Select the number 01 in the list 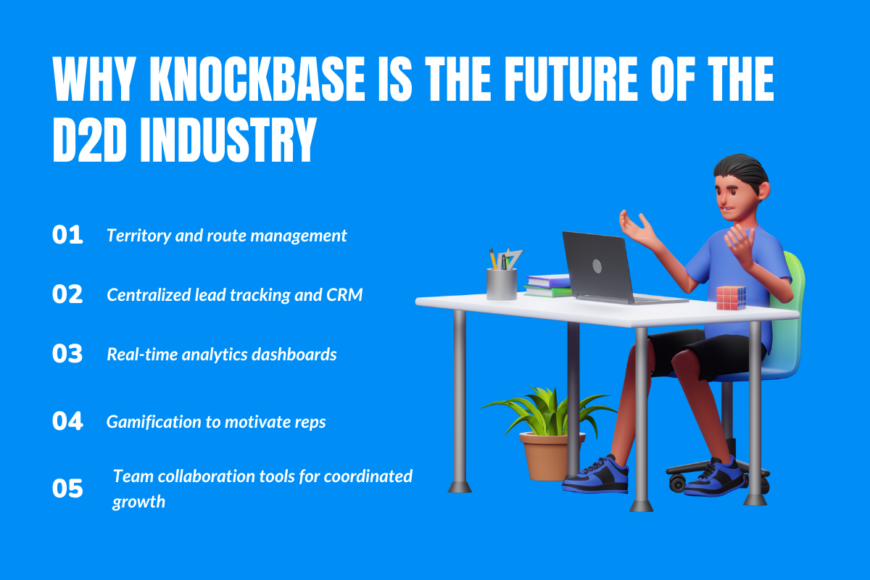67,236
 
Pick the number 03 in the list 67,354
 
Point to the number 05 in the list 67,489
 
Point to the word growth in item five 138,502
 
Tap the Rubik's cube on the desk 731,297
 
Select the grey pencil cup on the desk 502,283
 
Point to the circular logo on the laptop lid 597,266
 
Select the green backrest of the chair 795,290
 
